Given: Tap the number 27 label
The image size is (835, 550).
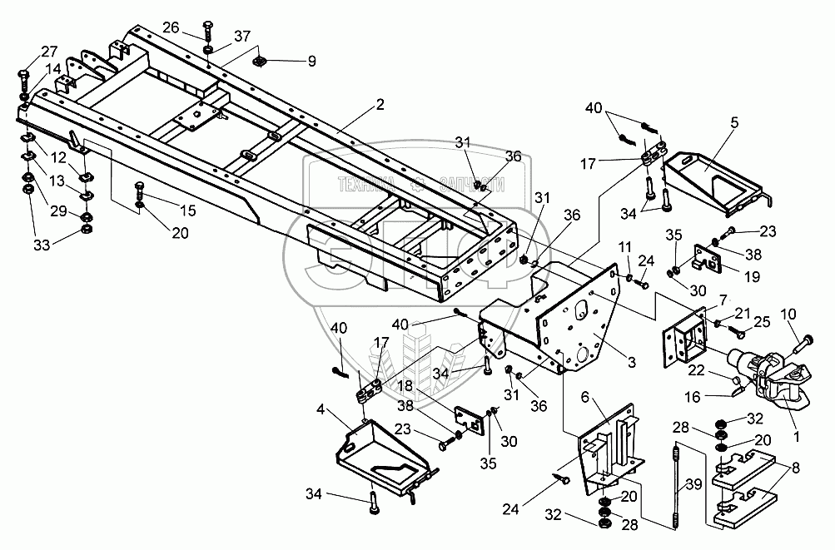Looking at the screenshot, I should [27, 51].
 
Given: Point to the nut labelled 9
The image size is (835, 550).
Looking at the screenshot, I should [261, 61].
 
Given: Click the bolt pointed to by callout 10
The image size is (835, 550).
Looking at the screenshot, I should [803, 340].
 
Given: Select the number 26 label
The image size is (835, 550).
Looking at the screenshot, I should [171, 27].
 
